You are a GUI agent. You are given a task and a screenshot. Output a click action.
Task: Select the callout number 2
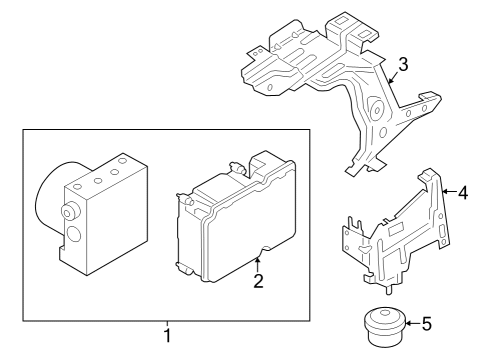[x=258, y=281]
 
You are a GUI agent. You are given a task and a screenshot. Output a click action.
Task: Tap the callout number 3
[x=402, y=66]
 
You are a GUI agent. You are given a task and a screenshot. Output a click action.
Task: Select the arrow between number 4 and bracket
[x=446, y=190]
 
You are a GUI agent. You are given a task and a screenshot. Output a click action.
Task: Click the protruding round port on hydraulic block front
[x=72, y=211]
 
